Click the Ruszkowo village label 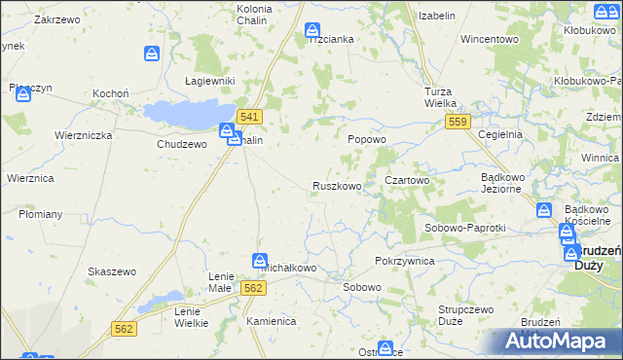(337, 185)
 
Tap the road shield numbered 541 (249, 117)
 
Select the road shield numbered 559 (458, 121)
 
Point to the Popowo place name (368, 139)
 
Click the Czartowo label (407, 180)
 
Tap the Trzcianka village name (331, 39)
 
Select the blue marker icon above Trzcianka (311, 30)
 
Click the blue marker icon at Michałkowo (260, 260)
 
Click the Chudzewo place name (182, 143)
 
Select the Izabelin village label (438, 16)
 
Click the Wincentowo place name (489, 39)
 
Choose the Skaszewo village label (109, 270)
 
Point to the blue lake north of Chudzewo (190, 112)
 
